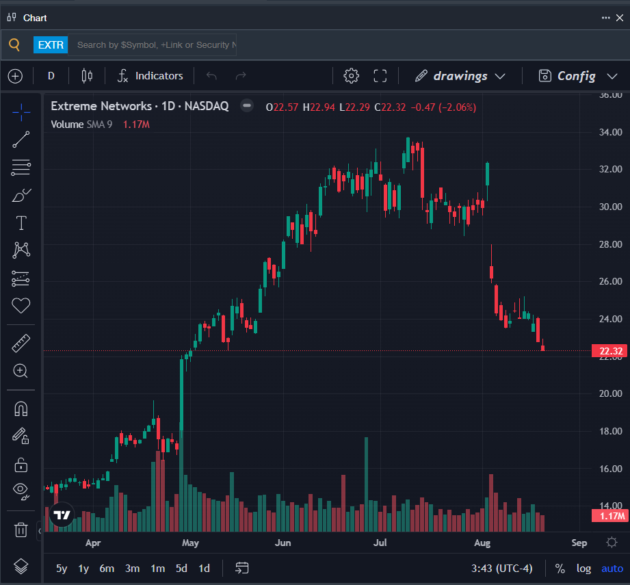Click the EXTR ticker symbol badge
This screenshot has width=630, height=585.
(x=51, y=44)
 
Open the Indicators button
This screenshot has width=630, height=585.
(x=150, y=75)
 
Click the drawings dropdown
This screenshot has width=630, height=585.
(x=460, y=76)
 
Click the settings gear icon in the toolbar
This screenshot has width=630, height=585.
(x=351, y=75)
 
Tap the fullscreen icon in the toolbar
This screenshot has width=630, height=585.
(x=380, y=75)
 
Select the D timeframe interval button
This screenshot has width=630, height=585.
(x=51, y=75)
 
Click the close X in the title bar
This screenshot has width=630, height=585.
(x=620, y=18)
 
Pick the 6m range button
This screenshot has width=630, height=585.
(x=107, y=568)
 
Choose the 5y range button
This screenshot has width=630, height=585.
(x=62, y=568)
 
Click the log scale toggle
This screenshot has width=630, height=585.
(x=583, y=568)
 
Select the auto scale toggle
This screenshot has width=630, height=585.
(x=612, y=568)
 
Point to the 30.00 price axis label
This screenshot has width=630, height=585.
(x=610, y=207)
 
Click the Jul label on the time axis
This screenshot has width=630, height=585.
(x=380, y=543)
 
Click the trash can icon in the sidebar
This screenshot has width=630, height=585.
(x=21, y=530)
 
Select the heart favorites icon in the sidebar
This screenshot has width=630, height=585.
(x=21, y=305)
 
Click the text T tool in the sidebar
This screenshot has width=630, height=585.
(x=21, y=222)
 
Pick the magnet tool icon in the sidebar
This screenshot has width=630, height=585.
(x=21, y=408)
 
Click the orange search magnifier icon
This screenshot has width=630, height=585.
(x=14, y=44)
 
